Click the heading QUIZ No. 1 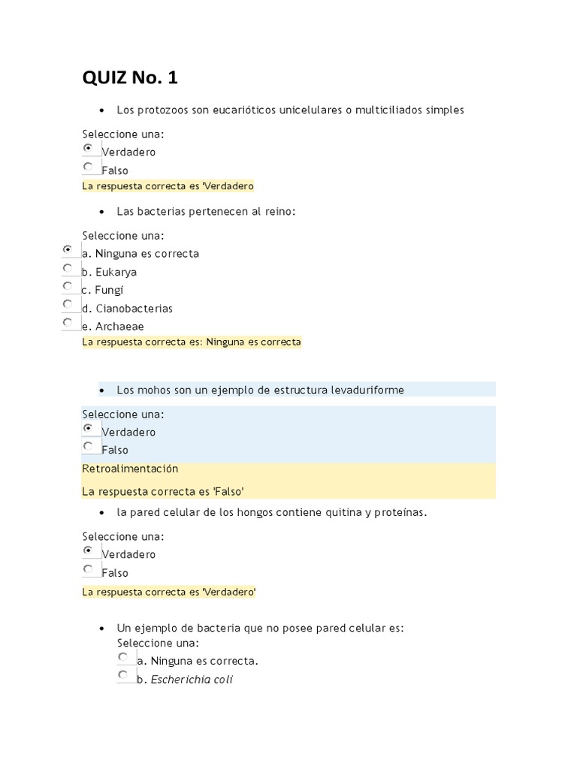(x=130, y=77)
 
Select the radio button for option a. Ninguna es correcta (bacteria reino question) (x=68, y=249)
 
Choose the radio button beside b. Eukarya (x=68, y=268)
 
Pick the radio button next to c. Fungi (x=68, y=286)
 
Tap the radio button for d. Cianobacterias (x=68, y=304)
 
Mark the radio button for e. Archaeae (x=68, y=323)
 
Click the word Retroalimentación (x=130, y=469)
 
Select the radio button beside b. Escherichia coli (x=122, y=675)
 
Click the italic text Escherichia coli (x=192, y=680)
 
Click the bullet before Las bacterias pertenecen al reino (x=101, y=213)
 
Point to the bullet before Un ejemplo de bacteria (x=101, y=629)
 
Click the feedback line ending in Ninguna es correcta (x=192, y=342)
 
